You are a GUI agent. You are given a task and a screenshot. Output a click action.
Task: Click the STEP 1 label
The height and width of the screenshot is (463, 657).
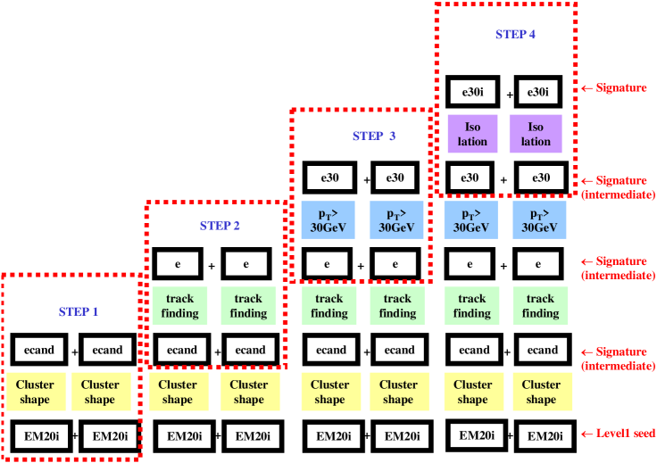point(79,312)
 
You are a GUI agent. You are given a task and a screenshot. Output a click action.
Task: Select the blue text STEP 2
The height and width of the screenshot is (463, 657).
point(220,226)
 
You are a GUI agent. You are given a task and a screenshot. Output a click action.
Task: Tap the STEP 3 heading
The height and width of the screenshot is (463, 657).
point(373,136)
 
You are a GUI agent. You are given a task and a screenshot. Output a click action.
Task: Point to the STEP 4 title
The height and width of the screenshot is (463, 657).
point(516,35)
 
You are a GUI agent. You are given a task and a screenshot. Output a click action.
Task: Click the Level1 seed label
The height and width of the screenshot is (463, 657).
point(625,434)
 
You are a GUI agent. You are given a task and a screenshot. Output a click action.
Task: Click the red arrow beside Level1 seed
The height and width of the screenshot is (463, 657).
point(586,434)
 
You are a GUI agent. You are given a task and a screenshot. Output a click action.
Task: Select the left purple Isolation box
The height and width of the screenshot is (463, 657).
point(472,134)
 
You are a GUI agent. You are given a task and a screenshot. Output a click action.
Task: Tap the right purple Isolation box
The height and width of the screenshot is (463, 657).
point(536,134)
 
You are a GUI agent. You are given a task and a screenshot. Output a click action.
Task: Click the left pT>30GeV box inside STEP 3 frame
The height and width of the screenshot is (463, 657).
point(328,220)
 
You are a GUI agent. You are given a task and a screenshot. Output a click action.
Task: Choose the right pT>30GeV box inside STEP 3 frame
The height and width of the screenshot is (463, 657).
point(396,220)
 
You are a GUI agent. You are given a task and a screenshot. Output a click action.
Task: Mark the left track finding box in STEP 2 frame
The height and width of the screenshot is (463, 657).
point(179,305)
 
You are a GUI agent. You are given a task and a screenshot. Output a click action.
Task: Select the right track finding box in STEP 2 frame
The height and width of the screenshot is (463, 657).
point(248,305)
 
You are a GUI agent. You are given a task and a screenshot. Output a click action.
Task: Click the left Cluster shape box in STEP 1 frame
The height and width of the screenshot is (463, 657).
point(35,392)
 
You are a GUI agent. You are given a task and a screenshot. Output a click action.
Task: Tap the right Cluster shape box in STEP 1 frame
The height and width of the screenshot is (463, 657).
point(100,392)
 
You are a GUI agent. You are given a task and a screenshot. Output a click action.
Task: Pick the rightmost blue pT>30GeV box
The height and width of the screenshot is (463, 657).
point(539,220)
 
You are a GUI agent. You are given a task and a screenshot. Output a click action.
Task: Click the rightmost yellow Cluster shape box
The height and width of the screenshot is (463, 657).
point(541,392)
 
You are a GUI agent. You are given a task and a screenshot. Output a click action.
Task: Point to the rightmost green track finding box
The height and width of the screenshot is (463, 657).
point(540,305)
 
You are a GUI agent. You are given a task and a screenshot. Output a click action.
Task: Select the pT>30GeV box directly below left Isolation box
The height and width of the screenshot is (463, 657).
point(470,220)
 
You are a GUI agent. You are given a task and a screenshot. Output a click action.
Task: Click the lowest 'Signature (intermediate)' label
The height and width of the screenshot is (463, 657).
point(618,359)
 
